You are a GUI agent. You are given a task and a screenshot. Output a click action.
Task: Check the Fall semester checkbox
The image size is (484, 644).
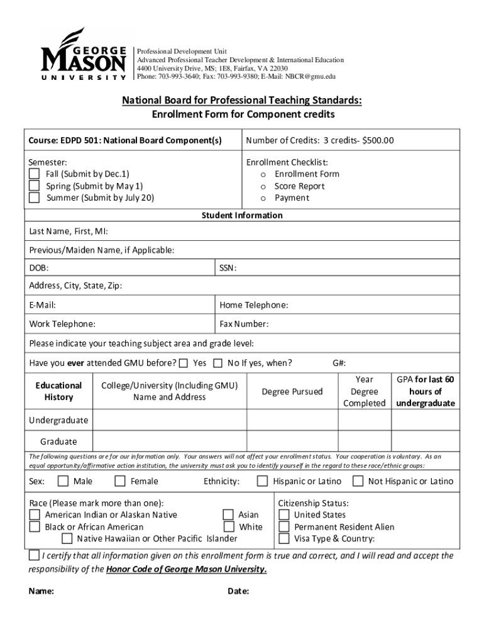35,174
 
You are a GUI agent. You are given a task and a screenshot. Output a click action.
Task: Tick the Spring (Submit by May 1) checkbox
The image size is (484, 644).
35,186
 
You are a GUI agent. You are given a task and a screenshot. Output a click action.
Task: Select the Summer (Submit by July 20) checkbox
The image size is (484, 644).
35,198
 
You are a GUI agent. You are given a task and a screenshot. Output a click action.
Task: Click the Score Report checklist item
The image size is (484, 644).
299,186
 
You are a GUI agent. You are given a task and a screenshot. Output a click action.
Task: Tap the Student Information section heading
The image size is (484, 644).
242,215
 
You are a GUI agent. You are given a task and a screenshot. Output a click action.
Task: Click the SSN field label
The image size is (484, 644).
228,269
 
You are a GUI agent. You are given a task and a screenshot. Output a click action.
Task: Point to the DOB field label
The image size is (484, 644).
39,269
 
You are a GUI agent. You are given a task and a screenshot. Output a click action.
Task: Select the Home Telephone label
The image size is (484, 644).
253,305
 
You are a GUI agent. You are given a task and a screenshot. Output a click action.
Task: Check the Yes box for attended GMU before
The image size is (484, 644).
184,363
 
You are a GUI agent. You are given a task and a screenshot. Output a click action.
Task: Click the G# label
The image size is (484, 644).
339,363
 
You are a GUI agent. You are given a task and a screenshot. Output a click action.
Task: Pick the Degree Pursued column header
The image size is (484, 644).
292,392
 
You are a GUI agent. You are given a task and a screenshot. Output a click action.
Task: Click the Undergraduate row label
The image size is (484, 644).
58,420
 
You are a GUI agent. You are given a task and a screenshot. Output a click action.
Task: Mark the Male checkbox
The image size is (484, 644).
63,482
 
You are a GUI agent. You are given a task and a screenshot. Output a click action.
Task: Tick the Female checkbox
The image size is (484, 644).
120,482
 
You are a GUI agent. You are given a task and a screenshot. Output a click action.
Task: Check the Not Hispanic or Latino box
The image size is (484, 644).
358,482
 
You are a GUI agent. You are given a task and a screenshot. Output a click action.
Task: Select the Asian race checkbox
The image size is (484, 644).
229,515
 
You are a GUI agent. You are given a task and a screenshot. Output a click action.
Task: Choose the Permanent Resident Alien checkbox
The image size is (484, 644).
284,527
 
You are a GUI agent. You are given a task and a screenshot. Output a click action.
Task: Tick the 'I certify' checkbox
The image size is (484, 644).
34,556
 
